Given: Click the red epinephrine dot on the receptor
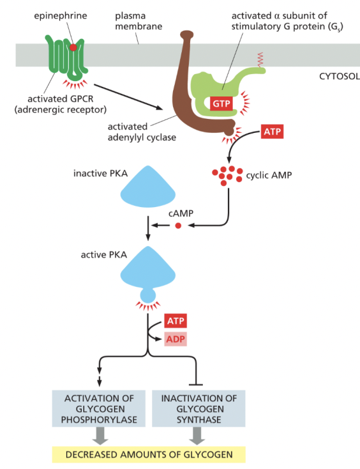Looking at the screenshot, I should point(75,47).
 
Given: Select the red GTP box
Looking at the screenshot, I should point(221,103).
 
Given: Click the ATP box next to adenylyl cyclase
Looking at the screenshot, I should point(271,132).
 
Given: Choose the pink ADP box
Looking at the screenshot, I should point(176,339).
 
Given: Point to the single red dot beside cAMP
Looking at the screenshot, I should point(178,226).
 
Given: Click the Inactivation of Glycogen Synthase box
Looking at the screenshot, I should point(199,409).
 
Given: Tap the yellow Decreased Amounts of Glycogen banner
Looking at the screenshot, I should point(147,454).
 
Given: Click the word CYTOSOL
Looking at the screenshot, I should point(338,76).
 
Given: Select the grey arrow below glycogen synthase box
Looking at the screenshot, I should point(199,436).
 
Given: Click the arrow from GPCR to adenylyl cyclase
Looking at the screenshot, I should point(128,93).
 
